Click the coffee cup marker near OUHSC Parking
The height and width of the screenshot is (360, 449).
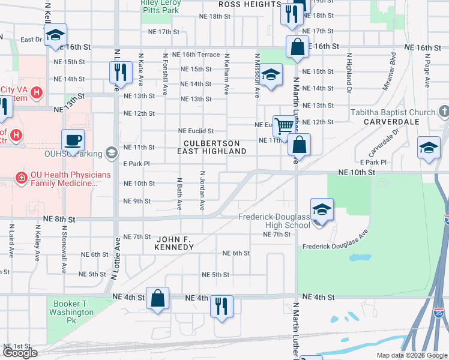click(73, 140)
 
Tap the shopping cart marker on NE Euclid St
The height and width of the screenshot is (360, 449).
click(284, 126)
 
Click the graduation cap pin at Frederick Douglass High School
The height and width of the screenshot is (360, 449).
click(322, 209)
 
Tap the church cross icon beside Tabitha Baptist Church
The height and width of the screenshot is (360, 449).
click(444, 112)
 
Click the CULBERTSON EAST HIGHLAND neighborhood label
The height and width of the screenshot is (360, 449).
click(212, 148)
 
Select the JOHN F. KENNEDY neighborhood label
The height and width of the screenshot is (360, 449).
click(174, 243)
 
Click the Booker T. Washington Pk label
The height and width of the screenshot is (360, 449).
click(71, 308)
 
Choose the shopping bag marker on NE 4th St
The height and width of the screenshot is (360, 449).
click(157, 298)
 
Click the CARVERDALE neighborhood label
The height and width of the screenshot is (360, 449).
click(390, 121)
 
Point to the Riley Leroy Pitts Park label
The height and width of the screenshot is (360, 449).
click(160, 6)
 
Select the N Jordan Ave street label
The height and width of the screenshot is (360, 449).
click(202, 190)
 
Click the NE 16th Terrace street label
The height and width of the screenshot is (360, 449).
click(196, 55)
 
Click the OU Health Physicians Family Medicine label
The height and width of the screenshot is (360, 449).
click(63, 179)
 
